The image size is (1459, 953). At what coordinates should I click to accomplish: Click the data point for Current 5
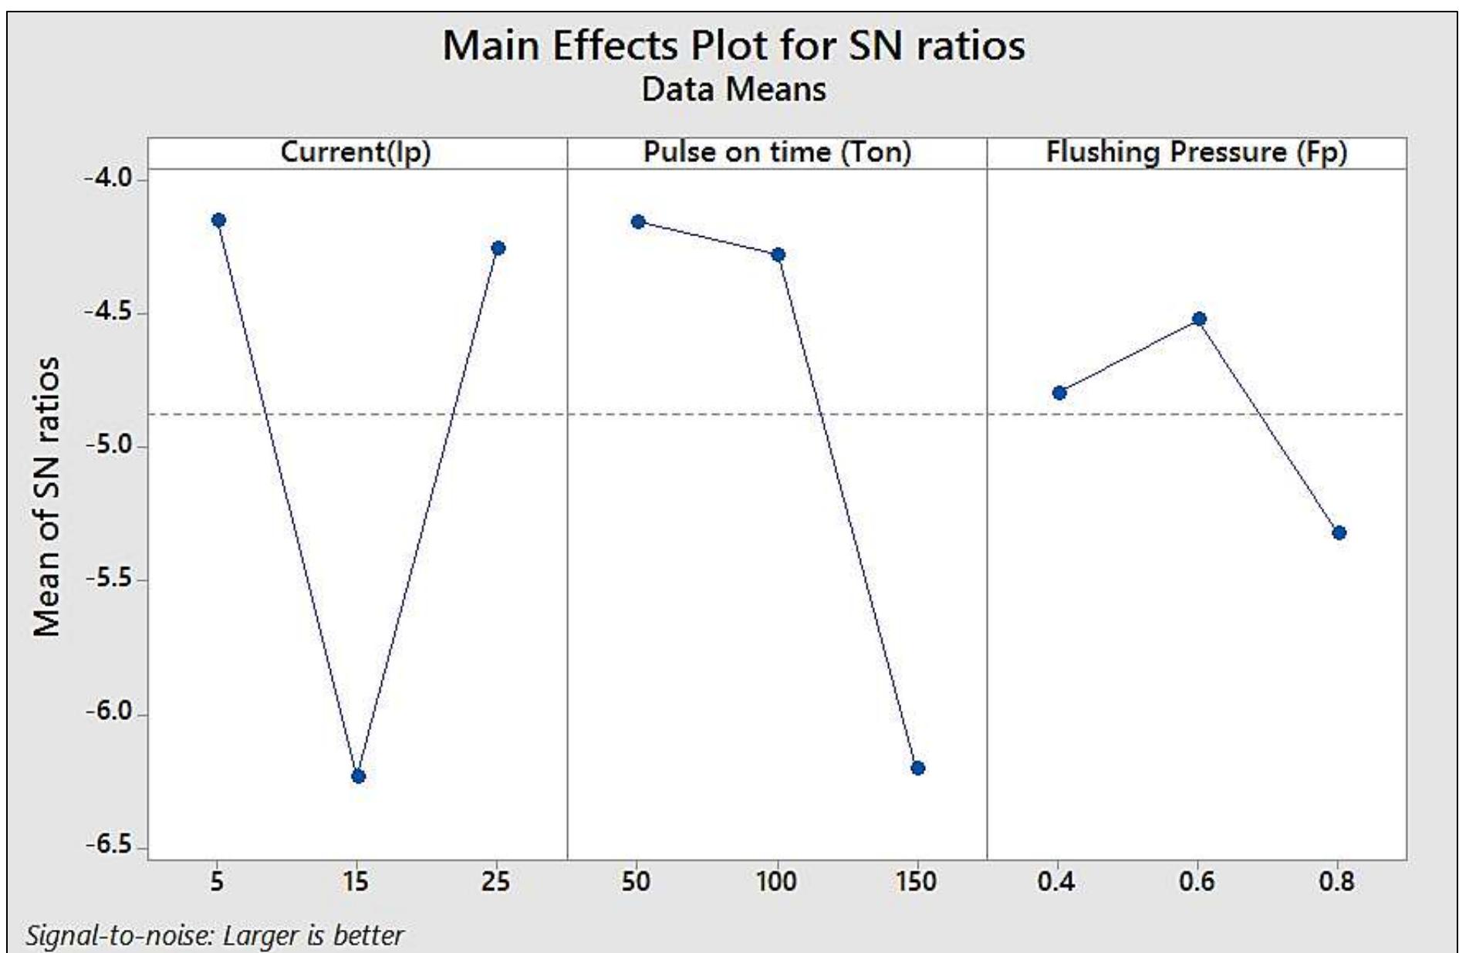[x=218, y=220]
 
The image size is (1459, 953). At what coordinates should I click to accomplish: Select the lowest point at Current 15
[x=358, y=776]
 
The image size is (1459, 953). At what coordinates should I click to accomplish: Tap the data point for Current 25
[x=498, y=248]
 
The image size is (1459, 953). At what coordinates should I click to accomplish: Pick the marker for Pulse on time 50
[x=638, y=221]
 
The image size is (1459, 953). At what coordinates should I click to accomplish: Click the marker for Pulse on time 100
[x=778, y=255]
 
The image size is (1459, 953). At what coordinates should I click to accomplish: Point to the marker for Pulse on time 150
[x=918, y=768]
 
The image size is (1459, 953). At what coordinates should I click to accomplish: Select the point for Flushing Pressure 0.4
[x=1059, y=393]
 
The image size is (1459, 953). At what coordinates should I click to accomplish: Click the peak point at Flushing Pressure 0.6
[x=1199, y=319]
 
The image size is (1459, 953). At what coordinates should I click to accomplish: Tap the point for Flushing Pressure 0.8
[x=1339, y=532]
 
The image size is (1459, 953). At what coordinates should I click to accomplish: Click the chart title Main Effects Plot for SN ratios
[x=733, y=45]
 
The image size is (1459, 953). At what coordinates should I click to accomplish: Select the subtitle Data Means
[x=733, y=90]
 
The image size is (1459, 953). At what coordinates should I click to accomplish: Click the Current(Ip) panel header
[x=356, y=152]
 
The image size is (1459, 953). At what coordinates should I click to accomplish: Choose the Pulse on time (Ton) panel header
[x=777, y=152]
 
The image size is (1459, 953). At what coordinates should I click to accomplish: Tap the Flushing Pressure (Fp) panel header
[x=1197, y=152]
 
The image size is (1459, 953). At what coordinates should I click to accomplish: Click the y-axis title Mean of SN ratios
[x=46, y=495]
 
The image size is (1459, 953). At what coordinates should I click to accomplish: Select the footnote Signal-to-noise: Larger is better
[x=214, y=935]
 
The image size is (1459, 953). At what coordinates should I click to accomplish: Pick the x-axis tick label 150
[x=916, y=881]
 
